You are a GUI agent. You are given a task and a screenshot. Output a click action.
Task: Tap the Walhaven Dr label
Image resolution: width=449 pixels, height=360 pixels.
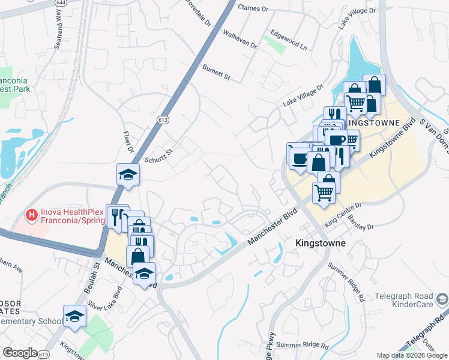point(240,40)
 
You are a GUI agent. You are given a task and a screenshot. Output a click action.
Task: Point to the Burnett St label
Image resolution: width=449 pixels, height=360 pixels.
point(216,73)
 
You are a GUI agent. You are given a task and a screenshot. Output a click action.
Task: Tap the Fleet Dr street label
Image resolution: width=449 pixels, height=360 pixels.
point(127,142)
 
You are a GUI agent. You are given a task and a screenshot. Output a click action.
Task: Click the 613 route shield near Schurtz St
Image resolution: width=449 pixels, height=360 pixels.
point(163,120)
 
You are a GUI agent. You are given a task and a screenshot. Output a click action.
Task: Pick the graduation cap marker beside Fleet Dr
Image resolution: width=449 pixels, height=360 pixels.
point(128,175)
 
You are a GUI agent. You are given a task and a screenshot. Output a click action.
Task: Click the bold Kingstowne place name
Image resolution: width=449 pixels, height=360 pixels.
point(321,244)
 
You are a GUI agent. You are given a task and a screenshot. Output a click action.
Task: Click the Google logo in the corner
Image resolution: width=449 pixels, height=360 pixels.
point(20,353)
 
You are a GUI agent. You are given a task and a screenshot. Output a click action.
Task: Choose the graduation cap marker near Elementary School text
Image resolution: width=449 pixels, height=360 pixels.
point(74,316)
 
